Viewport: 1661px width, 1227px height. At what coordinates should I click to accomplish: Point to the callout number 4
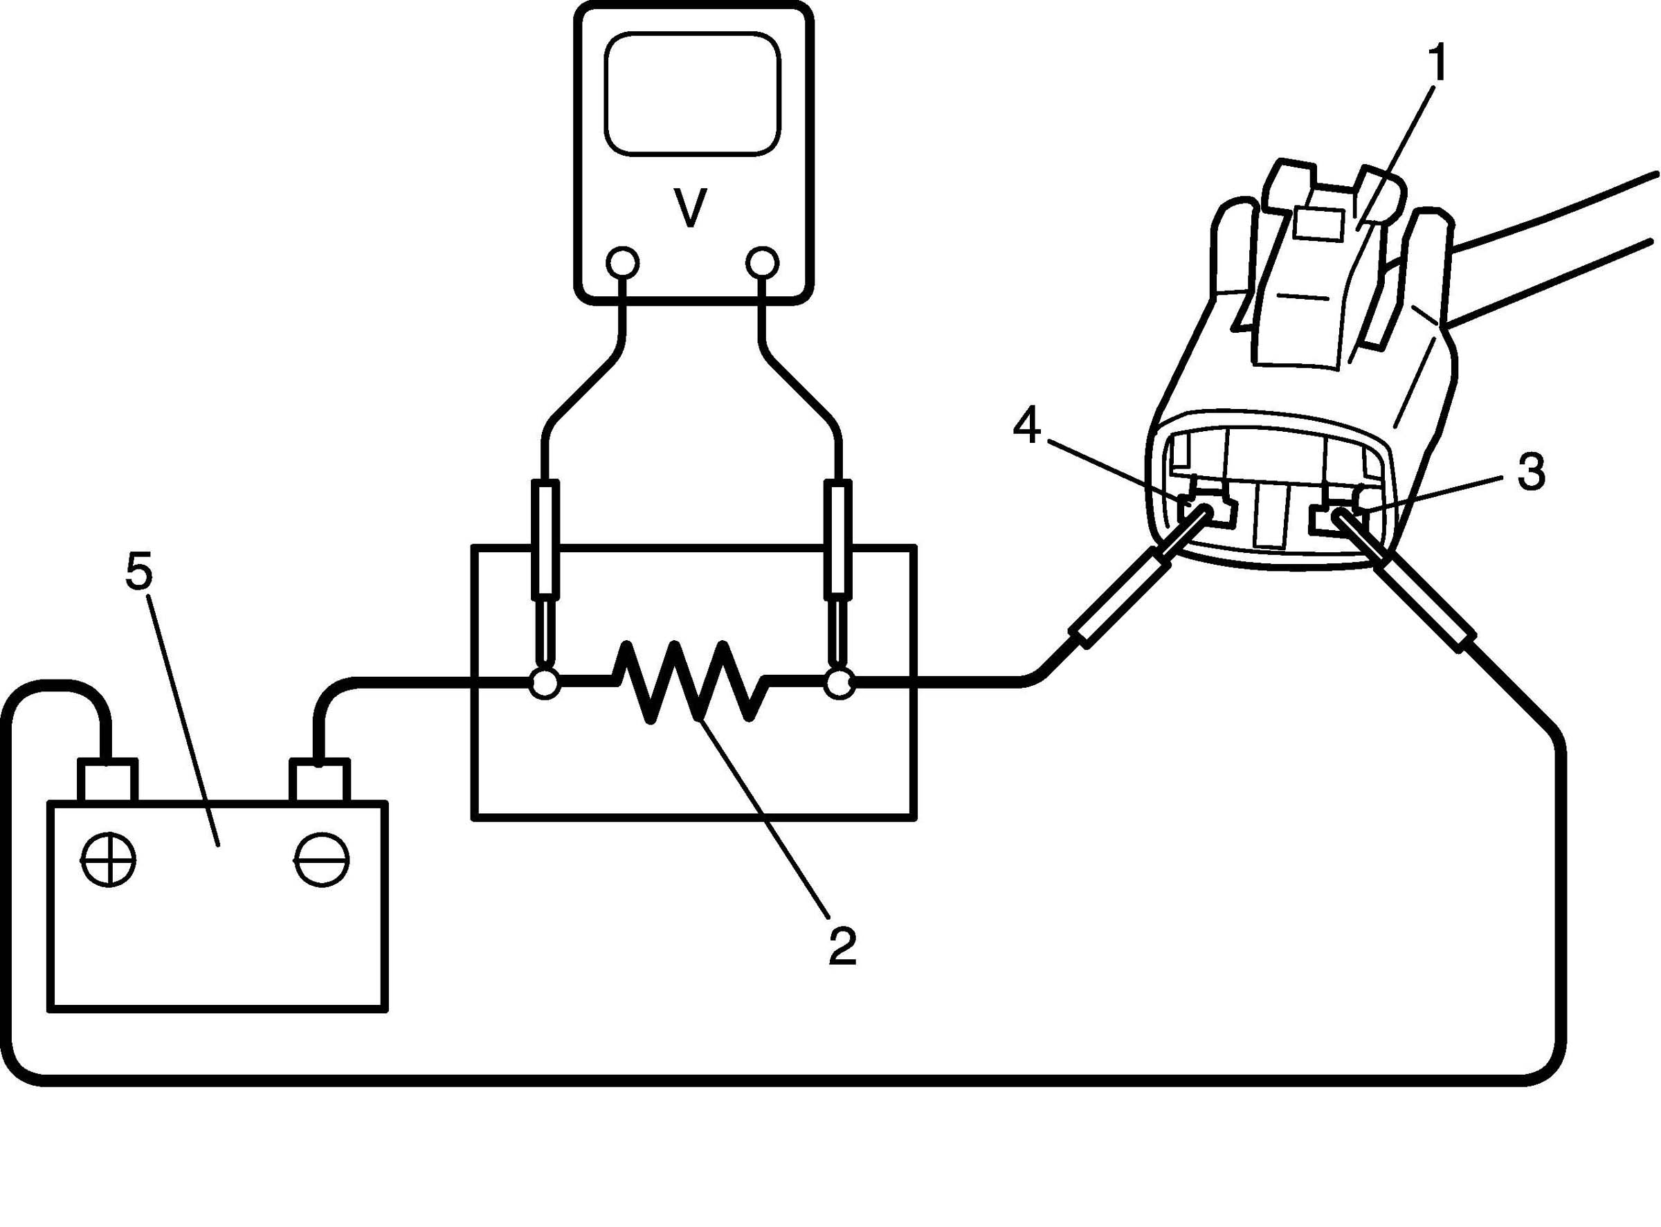[1026, 428]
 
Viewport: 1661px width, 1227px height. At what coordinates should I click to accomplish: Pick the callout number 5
[139, 572]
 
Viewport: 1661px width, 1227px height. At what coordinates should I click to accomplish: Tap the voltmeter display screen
[692, 93]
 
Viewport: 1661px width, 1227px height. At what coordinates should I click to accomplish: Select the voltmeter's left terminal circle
[621, 262]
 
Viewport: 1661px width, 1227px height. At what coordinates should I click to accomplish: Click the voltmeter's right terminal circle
[763, 262]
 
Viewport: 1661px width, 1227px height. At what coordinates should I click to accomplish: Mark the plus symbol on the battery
[109, 860]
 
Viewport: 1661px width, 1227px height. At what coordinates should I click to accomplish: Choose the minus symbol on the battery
[322, 860]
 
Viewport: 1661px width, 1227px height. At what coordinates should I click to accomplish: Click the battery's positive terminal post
[108, 780]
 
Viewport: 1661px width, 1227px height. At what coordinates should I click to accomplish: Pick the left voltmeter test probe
[545, 565]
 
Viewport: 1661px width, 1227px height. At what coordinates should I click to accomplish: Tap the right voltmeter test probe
[840, 565]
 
